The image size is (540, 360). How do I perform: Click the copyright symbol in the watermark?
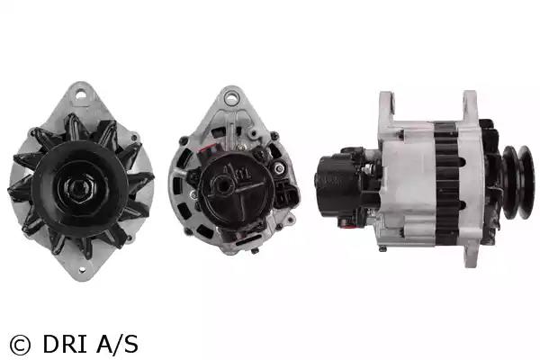coord(20,345)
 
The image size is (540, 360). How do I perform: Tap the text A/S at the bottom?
coord(118,344)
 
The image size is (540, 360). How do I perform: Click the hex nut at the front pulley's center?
coord(80,188)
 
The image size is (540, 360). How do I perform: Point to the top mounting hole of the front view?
coord(81,93)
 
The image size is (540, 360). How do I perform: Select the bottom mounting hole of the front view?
coord(82,270)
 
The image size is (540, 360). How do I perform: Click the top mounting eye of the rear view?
coord(232,97)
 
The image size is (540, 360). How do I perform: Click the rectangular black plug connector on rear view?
coord(288,194)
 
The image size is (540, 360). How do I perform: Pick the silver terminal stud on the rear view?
coord(279,168)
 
